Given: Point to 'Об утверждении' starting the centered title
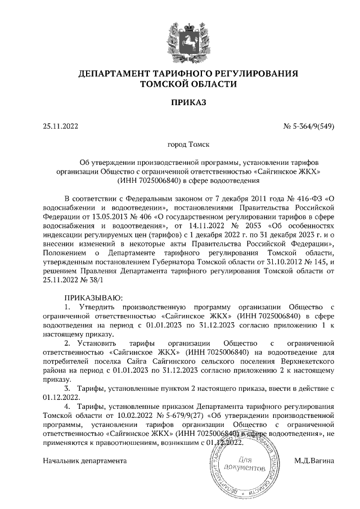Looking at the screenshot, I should pyautogui.click(x=109, y=163).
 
